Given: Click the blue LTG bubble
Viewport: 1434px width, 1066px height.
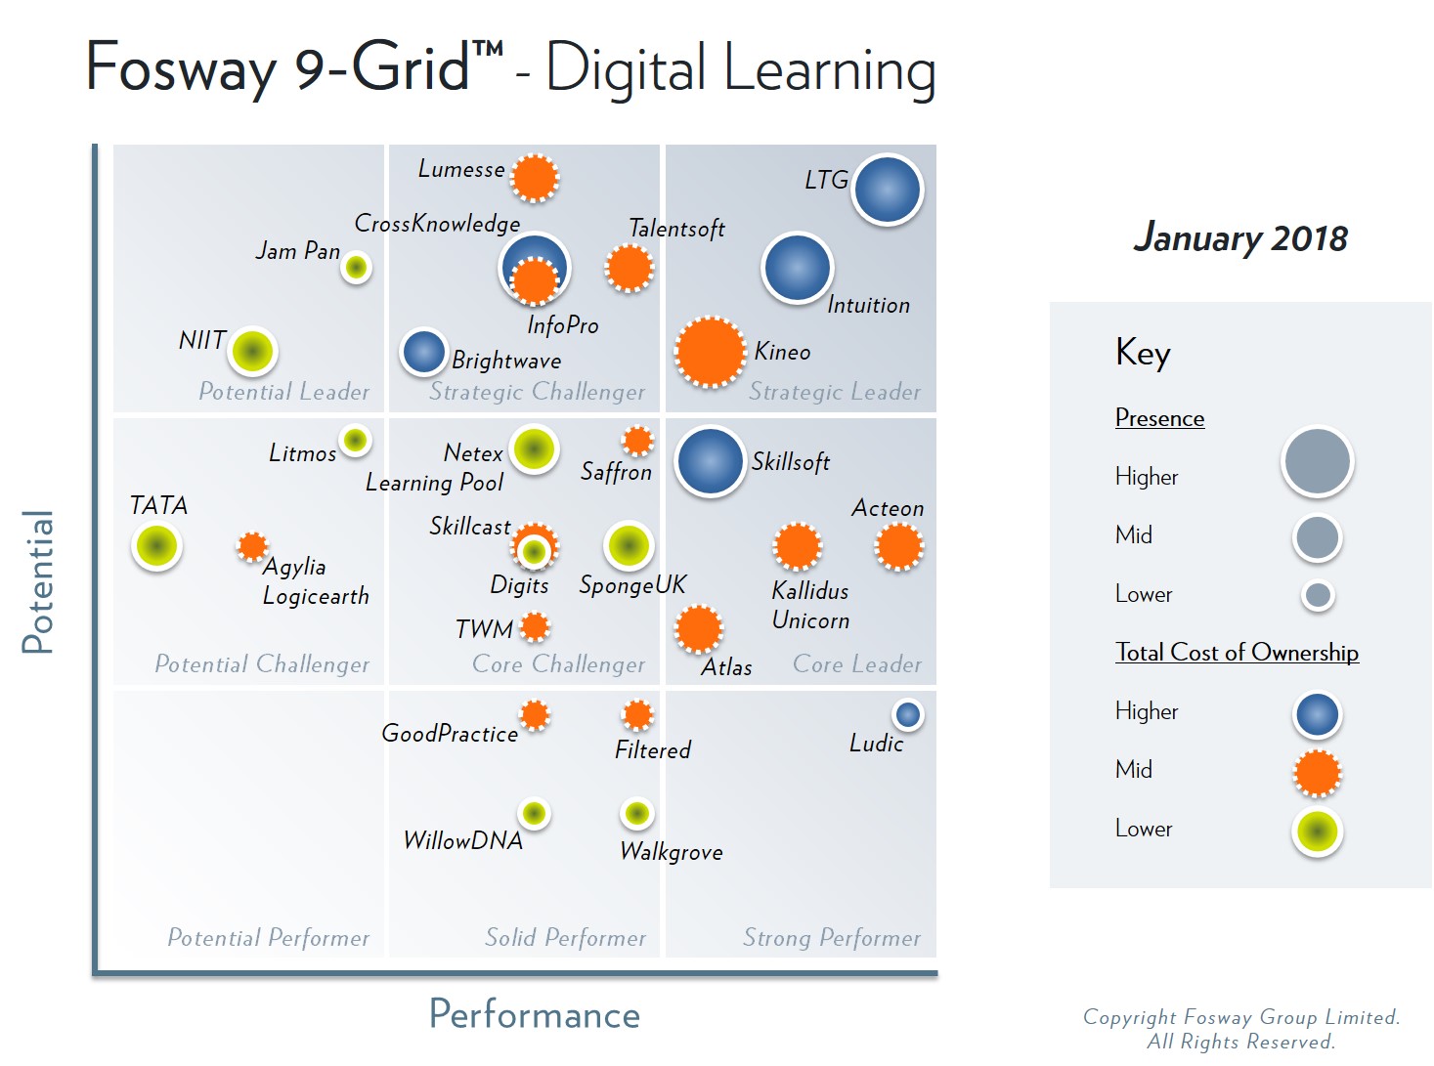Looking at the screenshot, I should click(887, 190).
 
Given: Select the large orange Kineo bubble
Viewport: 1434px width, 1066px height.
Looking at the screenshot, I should click(710, 352).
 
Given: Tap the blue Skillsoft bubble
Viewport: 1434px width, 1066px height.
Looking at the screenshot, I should click(710, 461).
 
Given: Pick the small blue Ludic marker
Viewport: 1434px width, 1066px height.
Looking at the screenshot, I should click(907, 715).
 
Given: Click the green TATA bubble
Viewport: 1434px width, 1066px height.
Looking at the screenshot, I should click(156, 545).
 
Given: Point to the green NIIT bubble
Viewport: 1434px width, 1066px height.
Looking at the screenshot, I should click(252, 351).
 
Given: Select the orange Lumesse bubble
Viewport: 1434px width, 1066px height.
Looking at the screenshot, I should click(535, 178).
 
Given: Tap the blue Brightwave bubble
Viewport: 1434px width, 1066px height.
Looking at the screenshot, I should click(424, 352).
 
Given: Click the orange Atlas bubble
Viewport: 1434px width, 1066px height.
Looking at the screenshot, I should click(698, 628).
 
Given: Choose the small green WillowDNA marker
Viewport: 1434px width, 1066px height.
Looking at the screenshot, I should click(534, 813).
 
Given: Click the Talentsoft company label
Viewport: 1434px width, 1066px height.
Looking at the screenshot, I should click(676, 229).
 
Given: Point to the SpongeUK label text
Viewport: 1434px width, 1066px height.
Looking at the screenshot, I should click(632, 585).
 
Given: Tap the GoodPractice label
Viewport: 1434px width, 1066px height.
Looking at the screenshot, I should click(450, 734).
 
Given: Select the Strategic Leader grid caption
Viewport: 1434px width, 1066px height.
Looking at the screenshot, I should click(835, 392).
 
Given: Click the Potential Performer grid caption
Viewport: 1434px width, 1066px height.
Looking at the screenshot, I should click(269, 938).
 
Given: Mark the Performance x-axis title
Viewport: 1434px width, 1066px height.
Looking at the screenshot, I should click(535, 1015).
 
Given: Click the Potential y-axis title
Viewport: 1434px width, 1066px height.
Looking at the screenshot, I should click(38, 581).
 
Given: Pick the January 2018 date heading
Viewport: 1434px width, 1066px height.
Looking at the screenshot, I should click(1240, 237).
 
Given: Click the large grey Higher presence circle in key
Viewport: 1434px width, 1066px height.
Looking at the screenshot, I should click(1317, 461).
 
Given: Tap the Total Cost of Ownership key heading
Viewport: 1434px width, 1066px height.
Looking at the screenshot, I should click(1237, 653).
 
